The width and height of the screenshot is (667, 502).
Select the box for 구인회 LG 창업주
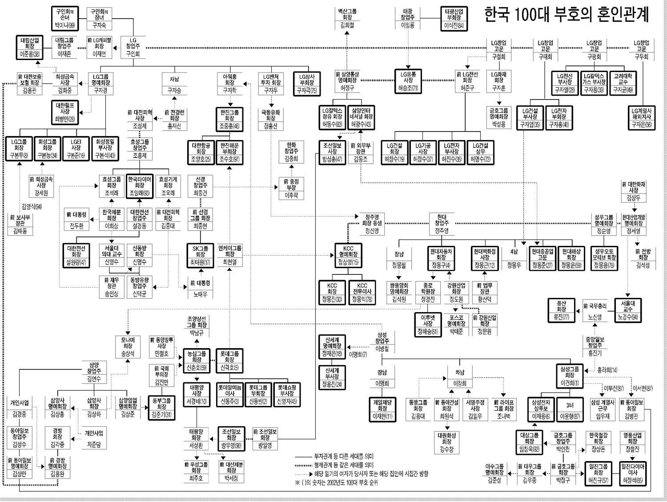click(x=133, y=47)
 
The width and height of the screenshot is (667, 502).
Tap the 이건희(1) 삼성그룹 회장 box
click(x=570, y=376)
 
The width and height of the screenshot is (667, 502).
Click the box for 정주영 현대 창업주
click(x=442, y=224)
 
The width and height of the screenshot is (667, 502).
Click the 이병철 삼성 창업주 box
click(x=382, y=342)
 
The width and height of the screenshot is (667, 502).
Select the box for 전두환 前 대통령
click(x=76, y=219)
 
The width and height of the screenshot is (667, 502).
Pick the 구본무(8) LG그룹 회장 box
click(x=19, y=149)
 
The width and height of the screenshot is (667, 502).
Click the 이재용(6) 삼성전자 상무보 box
click(x=541, y=409)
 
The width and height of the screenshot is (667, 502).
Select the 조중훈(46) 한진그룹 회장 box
click(x=229, y=120)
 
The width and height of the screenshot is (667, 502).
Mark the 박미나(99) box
click(x=65, y=18)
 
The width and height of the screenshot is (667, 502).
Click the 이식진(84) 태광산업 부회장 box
click(x=454, y=18)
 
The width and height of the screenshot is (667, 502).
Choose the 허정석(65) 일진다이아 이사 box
click(x=633, y=474)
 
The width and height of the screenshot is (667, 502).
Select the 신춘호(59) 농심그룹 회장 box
click(x=197, y=361)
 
